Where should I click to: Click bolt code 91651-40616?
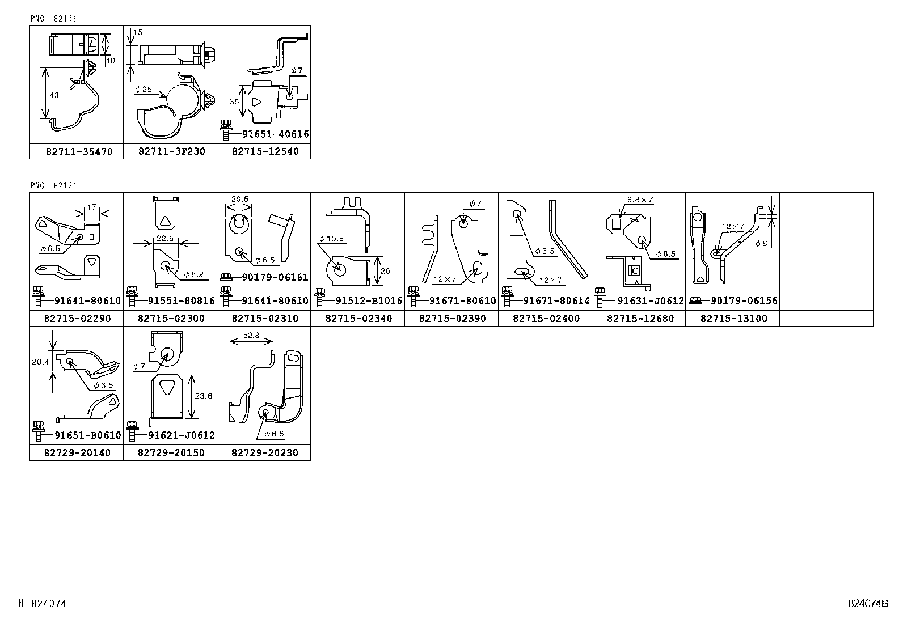(x=275, y=134)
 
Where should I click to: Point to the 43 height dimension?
(x=54, y=95)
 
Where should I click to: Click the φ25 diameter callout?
(x=144, y=90)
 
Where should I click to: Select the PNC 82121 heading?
(x=54, y=185)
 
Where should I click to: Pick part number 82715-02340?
(x=358, y=319)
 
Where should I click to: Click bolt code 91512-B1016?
(x=369, y=300)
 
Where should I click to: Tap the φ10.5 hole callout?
(x=331, y=239)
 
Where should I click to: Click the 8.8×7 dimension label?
(x=640, y=200)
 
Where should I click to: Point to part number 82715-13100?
(x=733, y=319)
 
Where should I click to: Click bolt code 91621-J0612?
(x=181, y=435)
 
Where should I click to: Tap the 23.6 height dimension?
(x=202, y=396)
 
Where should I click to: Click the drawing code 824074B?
(x=868, y=604)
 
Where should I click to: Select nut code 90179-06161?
(x=275, y=277)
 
